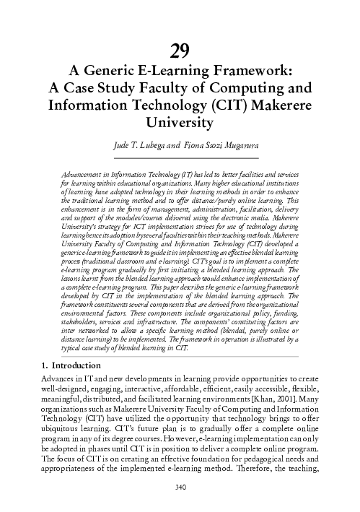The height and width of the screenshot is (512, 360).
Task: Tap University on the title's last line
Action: tap(180, 123)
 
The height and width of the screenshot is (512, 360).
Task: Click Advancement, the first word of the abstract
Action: tap(82, 175)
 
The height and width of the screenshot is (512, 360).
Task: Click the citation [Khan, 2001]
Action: tap(292, 401)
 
